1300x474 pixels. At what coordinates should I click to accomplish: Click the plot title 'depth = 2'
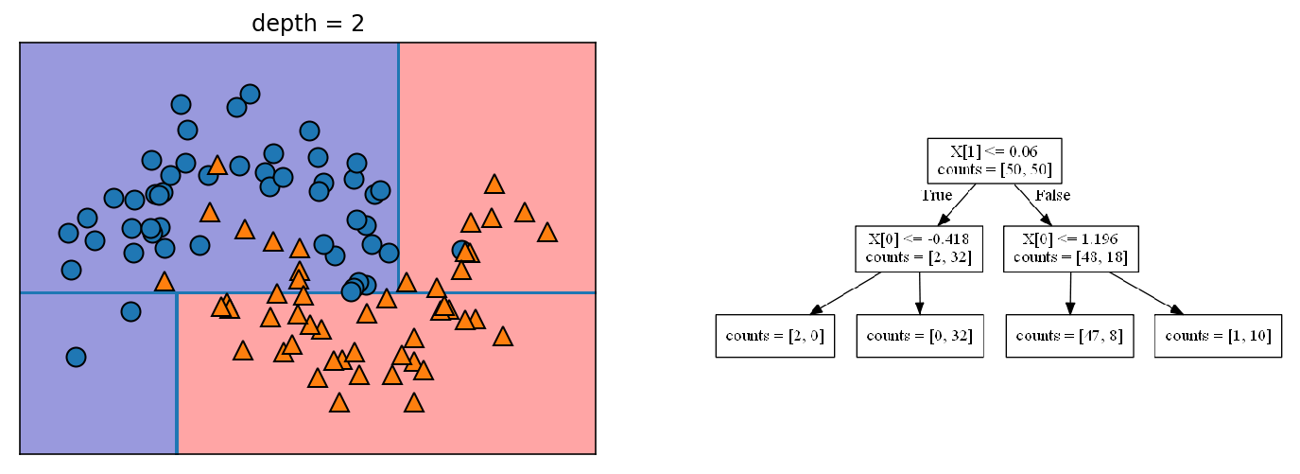coord(307,23)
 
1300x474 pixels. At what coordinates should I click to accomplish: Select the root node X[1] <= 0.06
coord(994,161)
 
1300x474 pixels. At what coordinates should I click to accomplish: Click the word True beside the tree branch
coord(936,196)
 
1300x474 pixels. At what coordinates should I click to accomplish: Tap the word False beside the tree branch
coord(1052,196)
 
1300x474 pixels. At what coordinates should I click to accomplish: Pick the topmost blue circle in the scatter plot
coord(250,94)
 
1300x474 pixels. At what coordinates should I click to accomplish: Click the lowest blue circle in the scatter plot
coord(76,357)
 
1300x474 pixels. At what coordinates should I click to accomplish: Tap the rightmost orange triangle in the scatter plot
coord(546,232)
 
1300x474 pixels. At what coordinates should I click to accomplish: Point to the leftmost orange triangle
coord(165,281)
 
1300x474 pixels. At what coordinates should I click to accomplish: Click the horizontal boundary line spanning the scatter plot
coord(95,292)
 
